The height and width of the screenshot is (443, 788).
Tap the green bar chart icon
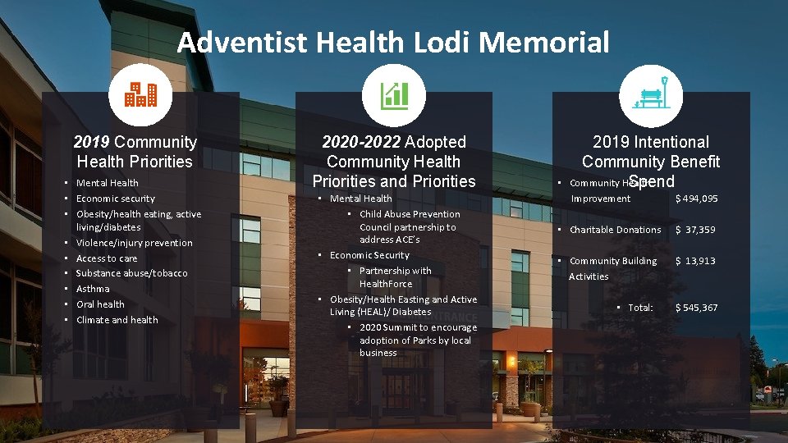(394, 96)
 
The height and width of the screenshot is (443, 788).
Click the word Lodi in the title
(434, 42)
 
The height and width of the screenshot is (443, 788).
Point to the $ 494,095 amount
(696, 199)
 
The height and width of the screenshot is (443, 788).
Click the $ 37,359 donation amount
(696, 230)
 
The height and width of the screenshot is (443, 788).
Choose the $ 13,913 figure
(695, 261)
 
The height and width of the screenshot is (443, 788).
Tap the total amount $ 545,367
(696, 308)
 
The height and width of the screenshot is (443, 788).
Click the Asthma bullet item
(93, 289)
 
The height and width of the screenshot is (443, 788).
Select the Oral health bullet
(100, 304)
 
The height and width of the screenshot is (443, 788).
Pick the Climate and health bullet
(117, 320)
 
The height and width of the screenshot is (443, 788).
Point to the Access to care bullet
(107, 258)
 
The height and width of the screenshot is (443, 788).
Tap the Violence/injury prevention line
(134, 243)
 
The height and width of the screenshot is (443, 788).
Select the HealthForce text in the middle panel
(386, 284)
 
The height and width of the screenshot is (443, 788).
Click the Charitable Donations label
(615, 230)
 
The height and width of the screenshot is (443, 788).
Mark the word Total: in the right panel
(640, 308)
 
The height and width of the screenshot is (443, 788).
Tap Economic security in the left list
(115, 199)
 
